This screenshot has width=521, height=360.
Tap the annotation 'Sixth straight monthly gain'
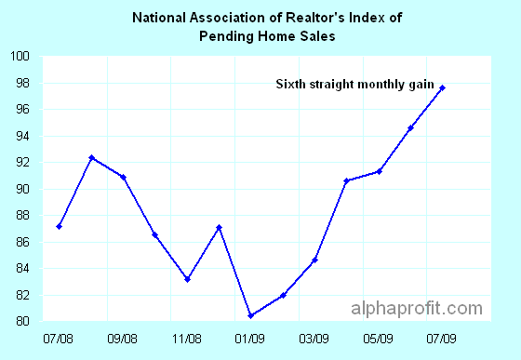tap(355, 85)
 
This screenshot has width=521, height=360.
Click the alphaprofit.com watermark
tap(417, 309)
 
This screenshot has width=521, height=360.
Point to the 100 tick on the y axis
tap(21, 57)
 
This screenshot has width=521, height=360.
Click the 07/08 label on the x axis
tap(59, 338)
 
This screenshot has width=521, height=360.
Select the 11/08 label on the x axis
tap(187, 338)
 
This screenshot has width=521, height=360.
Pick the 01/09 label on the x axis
tap(251, 338)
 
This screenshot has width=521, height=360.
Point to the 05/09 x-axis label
tap(379, 338)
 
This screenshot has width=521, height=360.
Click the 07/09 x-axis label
tap(442, 338)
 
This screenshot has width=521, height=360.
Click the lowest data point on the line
tap(251, 315)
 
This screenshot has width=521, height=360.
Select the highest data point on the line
tap(442, 87)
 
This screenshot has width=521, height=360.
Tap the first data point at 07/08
tap(60, 226)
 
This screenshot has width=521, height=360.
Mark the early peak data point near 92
tap(91, 158)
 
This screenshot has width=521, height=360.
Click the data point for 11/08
tap(187, 279)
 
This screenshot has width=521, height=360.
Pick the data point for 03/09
tap(314, 260)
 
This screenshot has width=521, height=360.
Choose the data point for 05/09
tap(379, 171)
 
